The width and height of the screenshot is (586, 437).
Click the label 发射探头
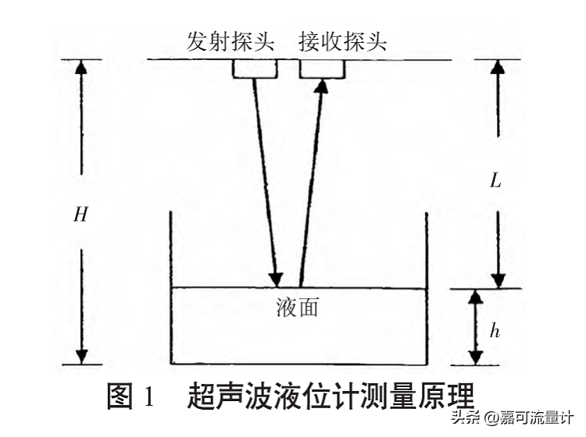pyautogui.click(x=230, y=41)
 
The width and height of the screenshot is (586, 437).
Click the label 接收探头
pyautogui.click(x=342, y=41)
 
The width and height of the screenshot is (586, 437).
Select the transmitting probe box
pyautogui.click(x=255, y=69)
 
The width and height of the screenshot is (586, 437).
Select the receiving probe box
pyautogui.click(x=323, y=69)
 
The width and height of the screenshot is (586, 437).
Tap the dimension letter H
pyautogui.click(x=80, y=215)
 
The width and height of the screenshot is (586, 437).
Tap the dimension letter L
pyautogui.click(x=495, y=181)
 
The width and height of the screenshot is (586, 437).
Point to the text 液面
pyautogui.click(x=297, y=307)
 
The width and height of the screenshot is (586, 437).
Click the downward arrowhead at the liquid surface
pyautogui.click(x=275, y=278)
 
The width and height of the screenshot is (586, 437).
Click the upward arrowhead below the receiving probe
pyautogui.click(x=320, y=86)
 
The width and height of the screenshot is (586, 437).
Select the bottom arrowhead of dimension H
pyautogui.click(x=81, y=356)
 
